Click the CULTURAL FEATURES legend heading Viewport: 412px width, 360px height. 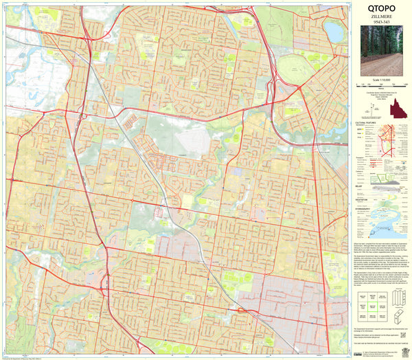click(365, 123)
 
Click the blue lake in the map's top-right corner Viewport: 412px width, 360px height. click(334, 30)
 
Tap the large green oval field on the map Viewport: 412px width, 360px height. click(297, 67)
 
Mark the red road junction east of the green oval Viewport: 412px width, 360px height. click(300, 87)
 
